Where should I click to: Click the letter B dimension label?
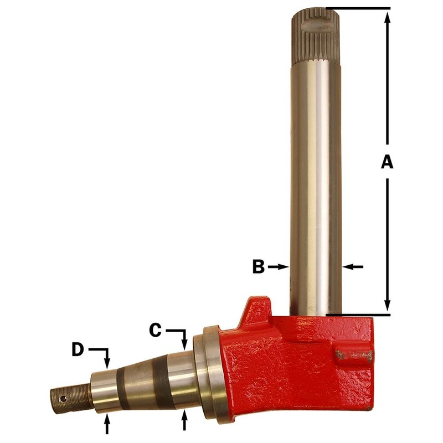[259, 267]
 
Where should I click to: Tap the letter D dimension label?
[79, 350]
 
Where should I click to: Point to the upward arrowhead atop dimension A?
[387, 17]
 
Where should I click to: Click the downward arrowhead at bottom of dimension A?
[387, 307]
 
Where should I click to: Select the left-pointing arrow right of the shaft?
[351, 267]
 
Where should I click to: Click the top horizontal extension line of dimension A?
[358, 9]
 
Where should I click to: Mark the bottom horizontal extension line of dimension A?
[358, 314]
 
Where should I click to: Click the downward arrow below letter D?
[107, 360]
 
